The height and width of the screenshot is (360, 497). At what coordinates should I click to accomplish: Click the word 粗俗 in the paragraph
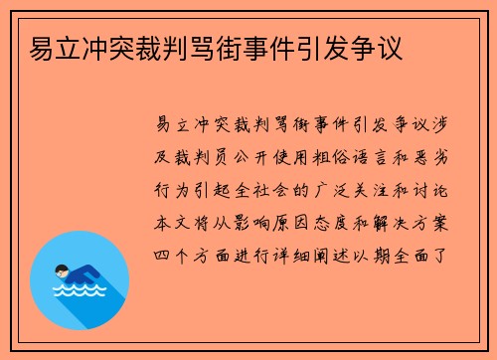307,155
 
